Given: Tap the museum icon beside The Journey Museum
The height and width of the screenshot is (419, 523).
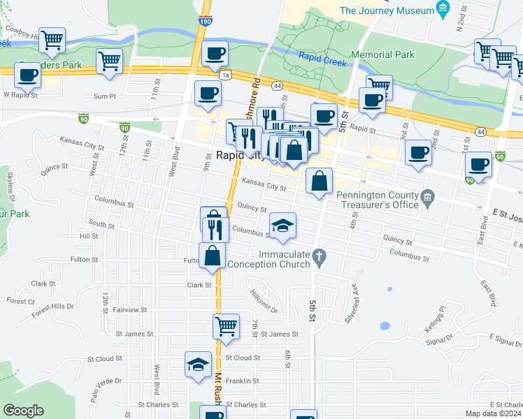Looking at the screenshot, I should pyautogui.click(x=442, y=9).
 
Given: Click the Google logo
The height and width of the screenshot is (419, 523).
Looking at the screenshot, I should pyautogui.click(x=24, y=411).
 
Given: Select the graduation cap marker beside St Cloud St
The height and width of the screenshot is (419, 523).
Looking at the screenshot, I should pyautogui.click(x=198, y=364).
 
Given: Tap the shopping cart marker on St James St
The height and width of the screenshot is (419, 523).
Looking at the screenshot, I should pyautogui.click(x=226, y=325).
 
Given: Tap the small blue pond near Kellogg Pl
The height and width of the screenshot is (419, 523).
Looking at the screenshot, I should pyautogui.click(x=384, y=325).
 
